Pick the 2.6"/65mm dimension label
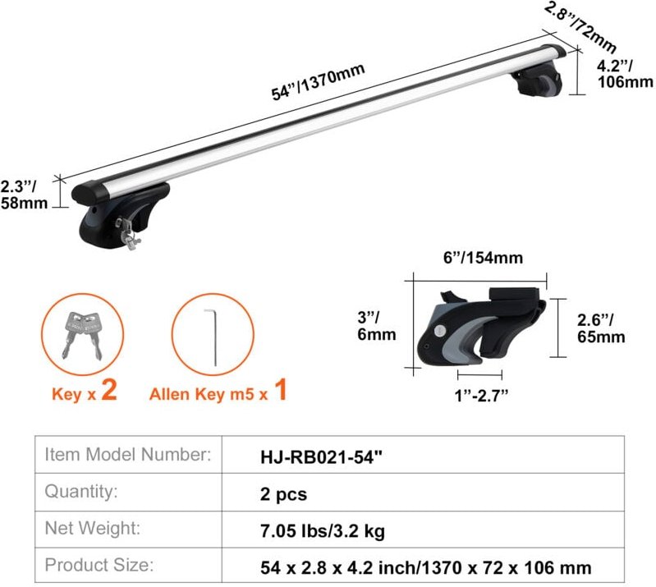tap(600, 328)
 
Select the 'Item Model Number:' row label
tap(128, 454)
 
